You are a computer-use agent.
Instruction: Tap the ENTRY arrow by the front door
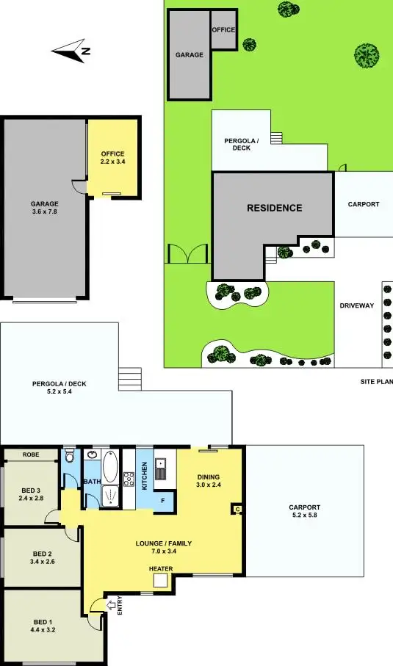coord(111,604)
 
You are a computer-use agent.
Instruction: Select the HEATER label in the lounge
coord(161,568)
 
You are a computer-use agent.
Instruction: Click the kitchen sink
coord(162,469)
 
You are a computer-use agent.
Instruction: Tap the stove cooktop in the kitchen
coord(129,480)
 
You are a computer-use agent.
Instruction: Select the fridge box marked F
coord(163,501)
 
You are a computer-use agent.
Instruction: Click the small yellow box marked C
coord(237,508)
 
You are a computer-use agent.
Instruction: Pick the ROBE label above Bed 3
coord(30,455)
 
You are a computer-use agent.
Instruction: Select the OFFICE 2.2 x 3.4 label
coord(112,157)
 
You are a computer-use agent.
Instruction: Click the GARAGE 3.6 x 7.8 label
coord(44,208)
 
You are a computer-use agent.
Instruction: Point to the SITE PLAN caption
coord(376,381)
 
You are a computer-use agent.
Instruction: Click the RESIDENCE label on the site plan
coord(274,208)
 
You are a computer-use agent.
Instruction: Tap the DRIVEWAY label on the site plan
coord(357,305)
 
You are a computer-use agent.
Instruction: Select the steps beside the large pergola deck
coord(129,380)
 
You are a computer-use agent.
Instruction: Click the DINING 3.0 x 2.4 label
coord(208,480)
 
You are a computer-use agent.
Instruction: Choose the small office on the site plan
coord(223,30)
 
